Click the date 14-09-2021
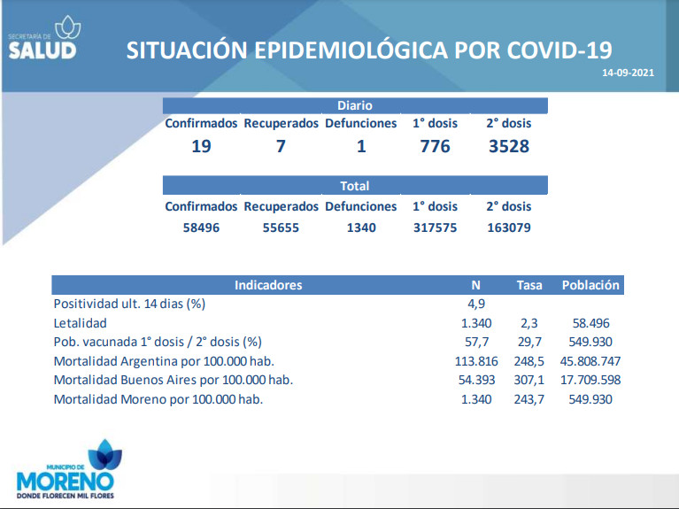[x=628, y=73]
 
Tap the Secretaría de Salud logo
[x=44, y=38]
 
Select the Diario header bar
[x=355, y=105]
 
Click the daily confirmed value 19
[x=201, y=146]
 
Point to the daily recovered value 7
[x=281, y=146]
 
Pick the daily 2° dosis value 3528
[x=509, y=146]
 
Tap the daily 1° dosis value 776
[x=436, y=146]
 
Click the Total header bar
[x=355, y=185]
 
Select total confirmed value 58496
[x=201, y=228]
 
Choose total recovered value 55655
[x=281, y=228]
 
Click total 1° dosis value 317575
[x=436, y=228]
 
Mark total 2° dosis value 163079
[x=509, y=228]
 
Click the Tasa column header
[x=529, y=285]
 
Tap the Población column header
[x=590, y=285]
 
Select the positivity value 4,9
[x=476, y=304]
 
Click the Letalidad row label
[x=80, y=323]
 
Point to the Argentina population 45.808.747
[x=590, y=361]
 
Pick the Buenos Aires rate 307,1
[x=529, y=380]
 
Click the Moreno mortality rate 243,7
[x=529, y=399]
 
